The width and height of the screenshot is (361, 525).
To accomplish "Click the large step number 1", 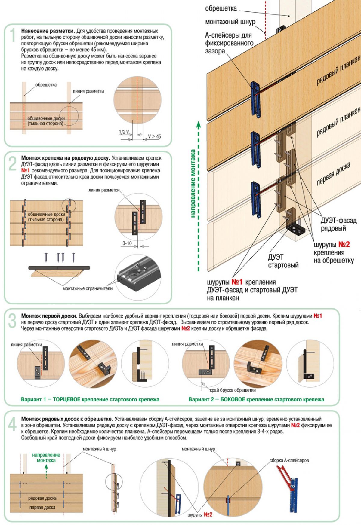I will pos(12,35).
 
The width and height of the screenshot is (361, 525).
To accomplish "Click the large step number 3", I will pos(12,321).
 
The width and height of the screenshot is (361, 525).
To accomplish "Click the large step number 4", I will pos(12,425).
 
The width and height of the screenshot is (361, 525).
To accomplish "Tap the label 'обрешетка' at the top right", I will pos(221,8).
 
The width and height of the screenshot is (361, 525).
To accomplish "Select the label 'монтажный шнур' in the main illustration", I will pos(230,22).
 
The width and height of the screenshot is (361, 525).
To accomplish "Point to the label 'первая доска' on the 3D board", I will pos(333,174).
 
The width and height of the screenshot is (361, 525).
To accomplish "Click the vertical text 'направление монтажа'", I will pos(193,183).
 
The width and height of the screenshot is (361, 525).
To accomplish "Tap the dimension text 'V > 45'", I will pos(154,136).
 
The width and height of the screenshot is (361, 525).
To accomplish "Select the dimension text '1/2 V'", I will pos(124,132).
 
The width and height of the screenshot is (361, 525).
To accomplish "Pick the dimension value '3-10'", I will pos(127,243).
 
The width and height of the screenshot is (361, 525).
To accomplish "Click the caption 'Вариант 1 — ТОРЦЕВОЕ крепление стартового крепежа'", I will pos(90,399).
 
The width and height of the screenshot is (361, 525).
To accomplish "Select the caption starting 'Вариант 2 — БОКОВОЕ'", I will pos(256,399).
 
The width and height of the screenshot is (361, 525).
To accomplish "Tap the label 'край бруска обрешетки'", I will pos(233,390).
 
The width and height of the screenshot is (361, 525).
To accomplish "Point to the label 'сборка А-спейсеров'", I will pos(289,460).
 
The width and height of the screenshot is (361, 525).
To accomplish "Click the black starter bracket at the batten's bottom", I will pos(296,230).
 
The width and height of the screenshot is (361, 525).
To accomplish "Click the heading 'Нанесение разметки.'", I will pos(48,31).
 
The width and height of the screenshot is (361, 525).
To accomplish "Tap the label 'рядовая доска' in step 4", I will pos(42,498).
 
